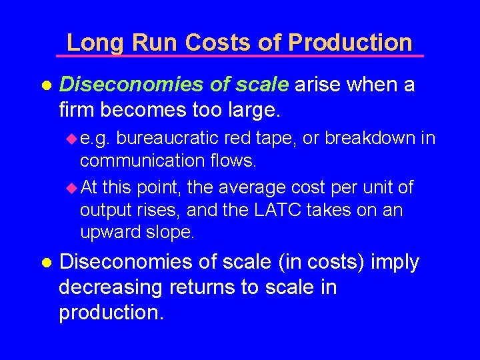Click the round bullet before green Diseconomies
pyautogui.click(x=45, y=86)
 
